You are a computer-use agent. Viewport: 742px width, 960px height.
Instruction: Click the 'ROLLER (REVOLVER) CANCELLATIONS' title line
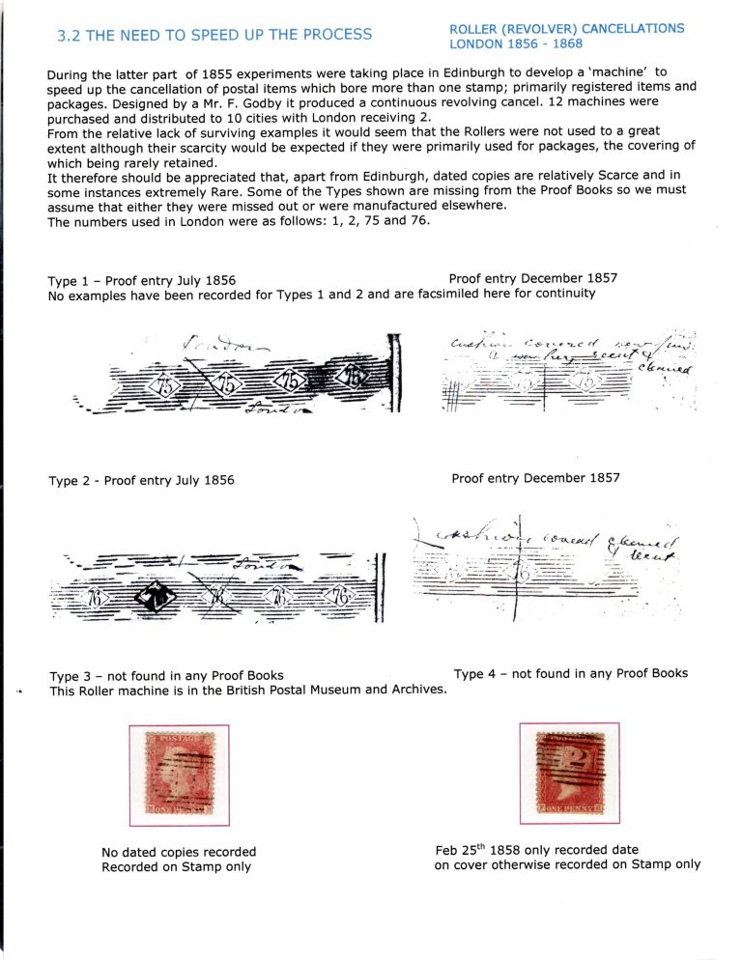coord(567,29)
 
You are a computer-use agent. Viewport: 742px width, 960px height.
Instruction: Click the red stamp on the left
coord(179,775)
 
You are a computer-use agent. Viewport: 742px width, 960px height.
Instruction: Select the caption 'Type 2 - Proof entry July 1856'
coord(141,480)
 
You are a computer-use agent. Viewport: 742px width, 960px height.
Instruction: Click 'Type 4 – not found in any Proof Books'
coord(570,673)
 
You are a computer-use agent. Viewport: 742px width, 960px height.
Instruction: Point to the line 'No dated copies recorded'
coord(179,851)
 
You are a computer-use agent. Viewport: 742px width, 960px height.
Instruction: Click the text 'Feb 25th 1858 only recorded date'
coord(536,850)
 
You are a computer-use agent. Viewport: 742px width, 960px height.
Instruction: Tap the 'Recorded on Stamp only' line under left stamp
coord(176,866)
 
